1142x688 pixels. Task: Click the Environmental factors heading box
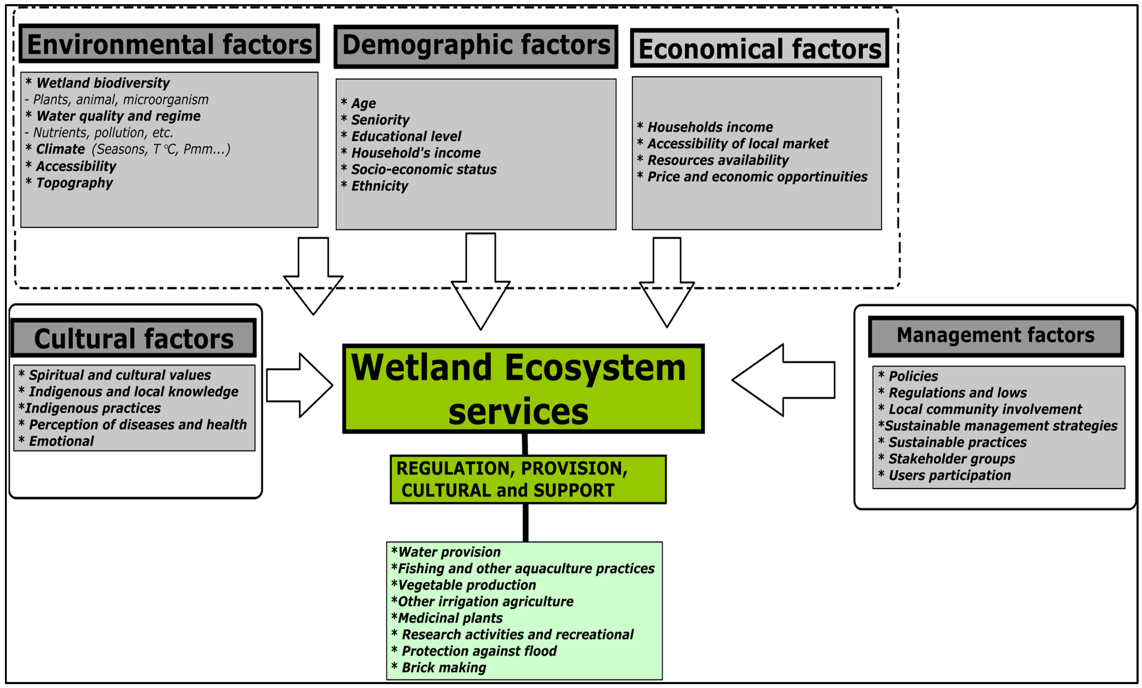(x=169, y=44)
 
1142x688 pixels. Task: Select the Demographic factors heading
(x=476, y=46)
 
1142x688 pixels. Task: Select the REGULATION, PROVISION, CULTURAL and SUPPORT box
(x=528, y=479)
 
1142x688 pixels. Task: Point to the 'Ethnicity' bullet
(x=379, y=186)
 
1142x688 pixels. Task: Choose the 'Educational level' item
(x=406, y=136)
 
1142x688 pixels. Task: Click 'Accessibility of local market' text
(x=737, y=144)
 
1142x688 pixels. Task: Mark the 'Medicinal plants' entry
(x=450, y=618)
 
